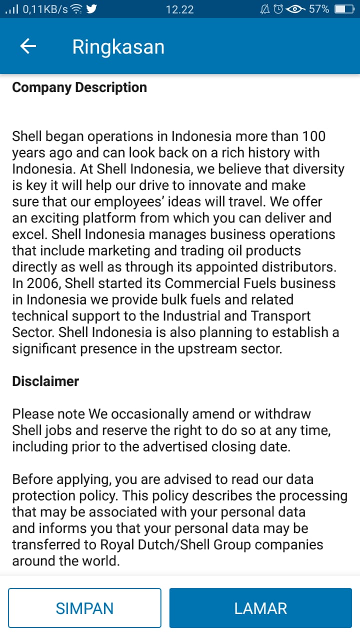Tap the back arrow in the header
pos(28,46)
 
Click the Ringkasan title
pos(118,46)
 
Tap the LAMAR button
pos(260,608)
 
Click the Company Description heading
pos(79,87)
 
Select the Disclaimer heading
pos(45,381)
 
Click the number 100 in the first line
pos(314,136)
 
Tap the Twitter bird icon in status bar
pos(91,9)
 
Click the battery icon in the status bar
pos(344,9)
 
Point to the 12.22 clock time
pos(179,9)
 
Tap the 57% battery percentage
pos(318,9)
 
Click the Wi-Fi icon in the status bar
pos(76,9)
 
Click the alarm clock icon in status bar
pos(279,9)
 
